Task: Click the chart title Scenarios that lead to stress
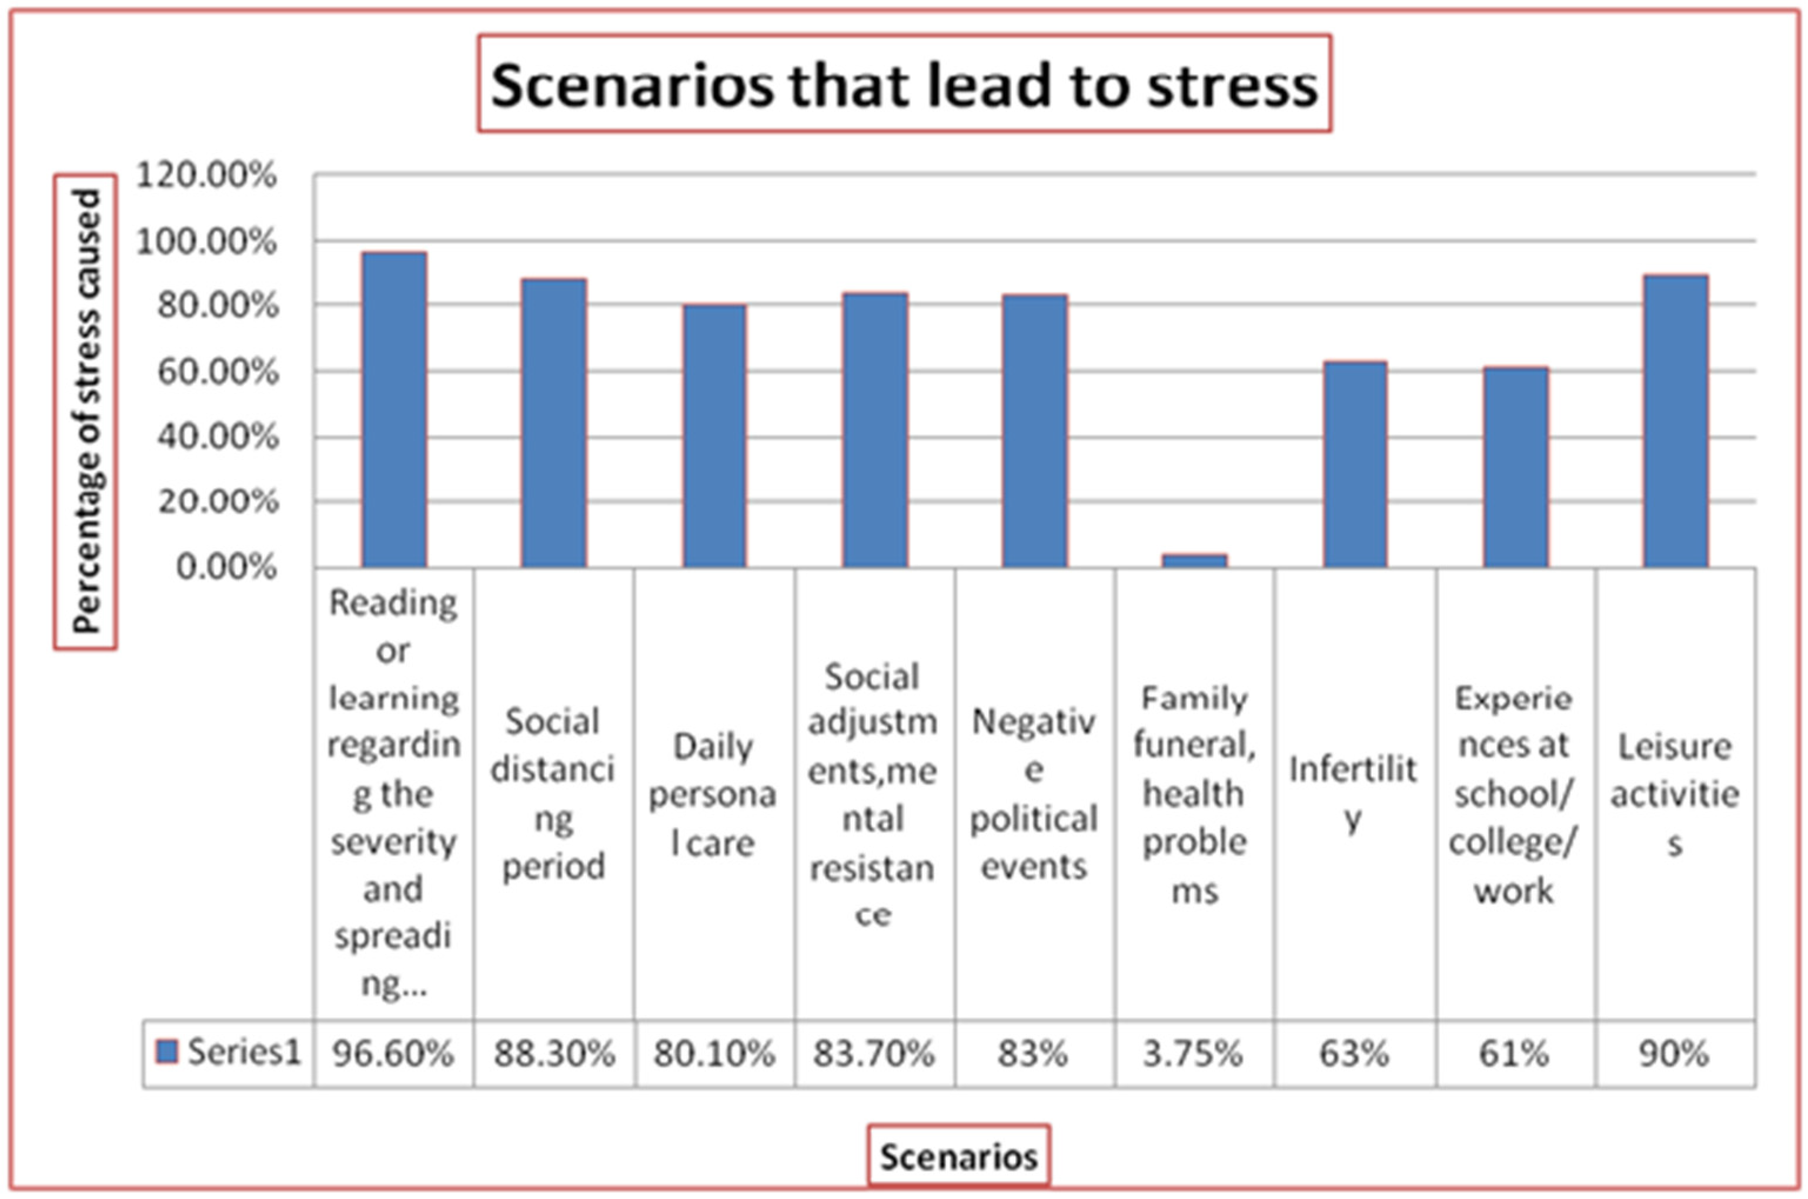[x=904, y=84]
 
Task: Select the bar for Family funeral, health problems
[x=1194, y=560]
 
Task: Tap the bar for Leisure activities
[x=1675, y=421]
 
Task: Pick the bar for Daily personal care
[x=714, y=436]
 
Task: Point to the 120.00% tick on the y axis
[x=205, y=175]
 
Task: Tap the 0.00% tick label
[x=226, y=567]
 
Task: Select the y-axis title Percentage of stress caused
[x=86, y=411]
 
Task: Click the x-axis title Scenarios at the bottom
[x=958, y=1157]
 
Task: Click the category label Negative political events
[x=1033, y=794]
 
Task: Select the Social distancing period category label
[x=553, y=794]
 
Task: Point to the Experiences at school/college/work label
[x=1513, y=794]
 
